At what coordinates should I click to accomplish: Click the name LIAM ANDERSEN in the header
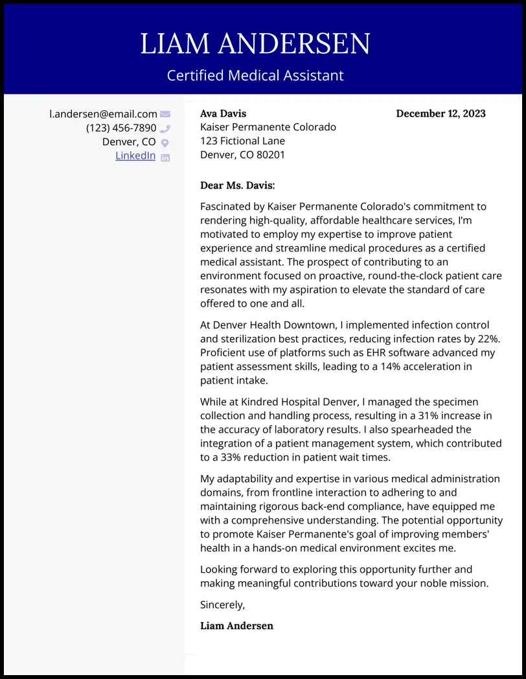tap(255, 43)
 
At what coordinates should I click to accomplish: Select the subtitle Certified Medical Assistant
tap(255, 75)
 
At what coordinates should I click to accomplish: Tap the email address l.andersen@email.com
tap(103, 114)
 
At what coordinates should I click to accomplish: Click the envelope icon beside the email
tap(165, 115)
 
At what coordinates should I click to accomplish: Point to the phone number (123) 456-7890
tap(121, 128)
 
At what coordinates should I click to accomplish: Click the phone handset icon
tap(165, 129)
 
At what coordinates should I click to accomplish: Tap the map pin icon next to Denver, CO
tap(165, 143)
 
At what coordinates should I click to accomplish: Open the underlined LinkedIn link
tap(135, 155)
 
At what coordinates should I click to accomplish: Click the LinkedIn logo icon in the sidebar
tap(165, 157)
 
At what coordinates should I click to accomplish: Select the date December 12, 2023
tap(440, 113)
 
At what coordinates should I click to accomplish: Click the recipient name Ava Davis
tap(223, 113)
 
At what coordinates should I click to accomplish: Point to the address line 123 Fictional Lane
tap(242, 141)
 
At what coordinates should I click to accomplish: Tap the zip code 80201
tap(271, 155)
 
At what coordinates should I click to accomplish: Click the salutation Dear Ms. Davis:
tap(237, 185)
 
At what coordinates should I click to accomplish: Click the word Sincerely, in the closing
tap(222, 604)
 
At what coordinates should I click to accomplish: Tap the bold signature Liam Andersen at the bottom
tap(236, 626)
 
